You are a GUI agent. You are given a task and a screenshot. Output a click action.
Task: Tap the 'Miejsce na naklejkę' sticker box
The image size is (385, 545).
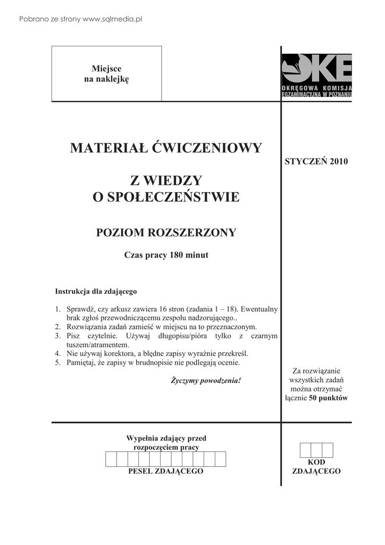(x=106, y=73)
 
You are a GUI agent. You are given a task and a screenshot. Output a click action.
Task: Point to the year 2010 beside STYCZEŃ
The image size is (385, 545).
(x=338, y=161)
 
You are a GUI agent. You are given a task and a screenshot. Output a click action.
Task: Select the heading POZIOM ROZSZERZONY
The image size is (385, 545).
(x=166, y=233)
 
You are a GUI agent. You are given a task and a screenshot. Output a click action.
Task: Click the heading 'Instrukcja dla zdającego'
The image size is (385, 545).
(x=96, y=292)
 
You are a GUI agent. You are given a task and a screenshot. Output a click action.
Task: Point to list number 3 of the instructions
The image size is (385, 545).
(x=57, y=336)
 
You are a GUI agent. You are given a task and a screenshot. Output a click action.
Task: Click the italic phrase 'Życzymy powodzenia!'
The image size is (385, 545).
(x=206, y=381)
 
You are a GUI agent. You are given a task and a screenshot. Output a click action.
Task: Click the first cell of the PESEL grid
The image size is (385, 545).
(x=111, y=459)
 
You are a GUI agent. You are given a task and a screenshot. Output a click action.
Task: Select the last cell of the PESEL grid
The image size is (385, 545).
(x=221, y=459)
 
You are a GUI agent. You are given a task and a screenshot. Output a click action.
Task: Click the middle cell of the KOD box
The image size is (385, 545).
(x=316, y=450)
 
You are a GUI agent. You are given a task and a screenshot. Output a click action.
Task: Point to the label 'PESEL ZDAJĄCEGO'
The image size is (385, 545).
(x=166, y=472)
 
